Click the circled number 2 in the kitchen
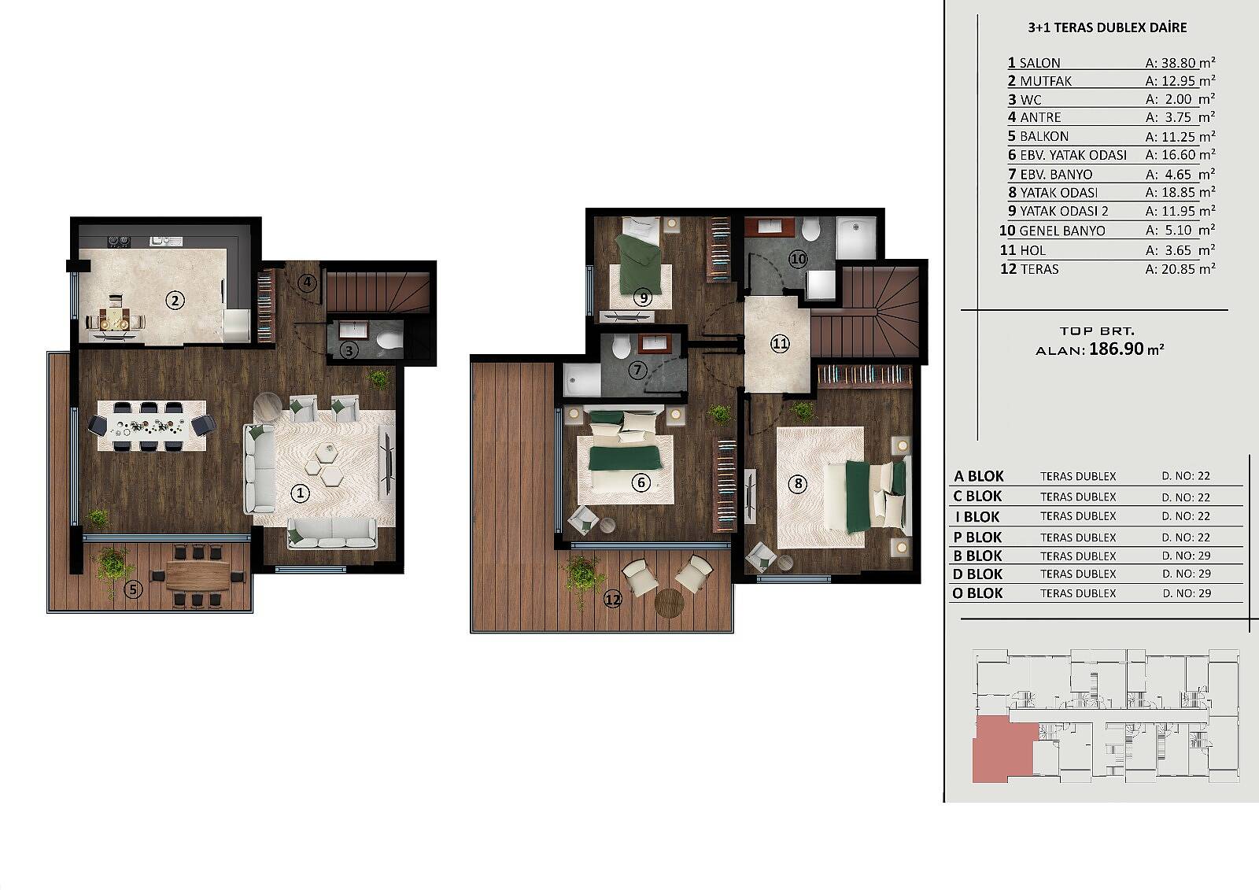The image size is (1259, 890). (x=175, y=301)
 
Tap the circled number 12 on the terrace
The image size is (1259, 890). (x=613, y=600)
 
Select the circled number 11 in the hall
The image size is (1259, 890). (x=780, y=344)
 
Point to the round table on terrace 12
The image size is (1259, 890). (x=669, y=603)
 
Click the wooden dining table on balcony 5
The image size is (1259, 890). (x=198, y=575)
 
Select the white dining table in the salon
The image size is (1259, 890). (x=152, y=426)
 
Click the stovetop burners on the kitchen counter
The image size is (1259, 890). (x=120, y=242)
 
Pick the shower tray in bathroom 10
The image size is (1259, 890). (x=856, y=237)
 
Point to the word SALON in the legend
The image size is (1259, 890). (x=1039, y=63)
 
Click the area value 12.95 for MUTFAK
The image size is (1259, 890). (x=1178, y=81)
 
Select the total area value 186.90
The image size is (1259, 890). (x=1117, y=349)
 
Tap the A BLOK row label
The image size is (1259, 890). (x=979, y=476)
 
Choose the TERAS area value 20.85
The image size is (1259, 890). (x=1178, y=269)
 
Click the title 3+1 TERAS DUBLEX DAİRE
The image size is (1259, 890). (x=1107, y=28)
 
